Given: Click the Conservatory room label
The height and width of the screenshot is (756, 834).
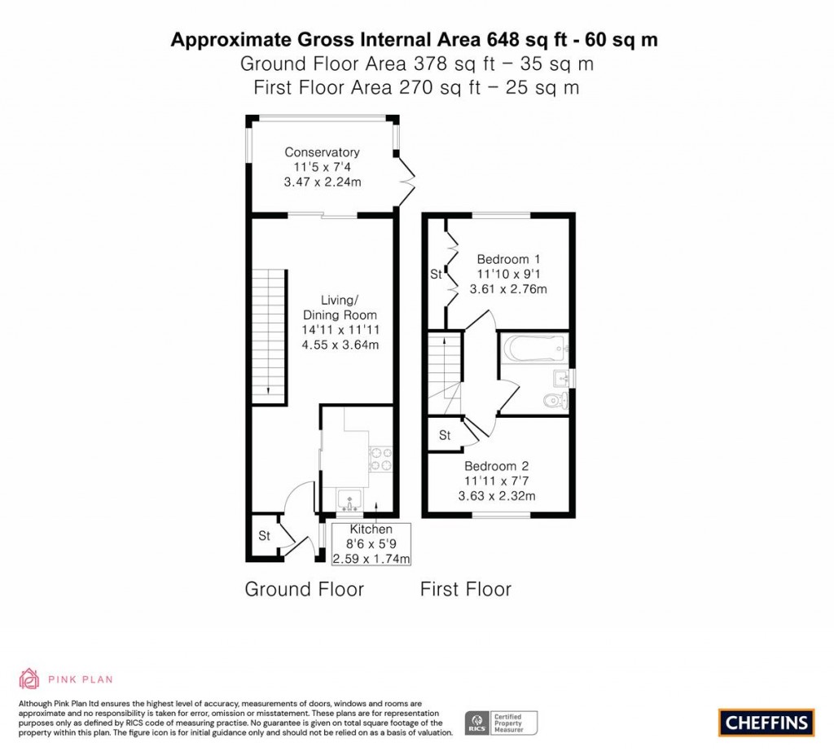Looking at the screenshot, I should (x=322, y=152).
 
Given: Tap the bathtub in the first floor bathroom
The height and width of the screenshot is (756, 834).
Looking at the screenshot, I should (x=534, y=349).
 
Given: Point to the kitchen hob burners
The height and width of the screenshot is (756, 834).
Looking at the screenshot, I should (x=382, y=459).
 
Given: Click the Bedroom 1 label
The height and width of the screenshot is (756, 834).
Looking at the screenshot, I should (x=508, y=258).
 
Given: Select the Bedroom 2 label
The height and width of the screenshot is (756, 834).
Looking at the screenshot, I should (x=497, y=466).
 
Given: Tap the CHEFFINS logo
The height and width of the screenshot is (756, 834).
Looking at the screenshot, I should (x=766, y=721).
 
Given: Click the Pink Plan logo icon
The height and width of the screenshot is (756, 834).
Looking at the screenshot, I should (x=29, y=679).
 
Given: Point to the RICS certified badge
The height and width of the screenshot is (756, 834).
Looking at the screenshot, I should (x=502, y=722).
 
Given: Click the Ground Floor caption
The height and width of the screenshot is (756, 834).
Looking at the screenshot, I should (x=304, y=589).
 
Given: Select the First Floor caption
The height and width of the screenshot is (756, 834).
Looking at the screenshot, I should (x=465, y=589).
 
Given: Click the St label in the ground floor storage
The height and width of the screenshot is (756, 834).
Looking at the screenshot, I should (x=264, y=536).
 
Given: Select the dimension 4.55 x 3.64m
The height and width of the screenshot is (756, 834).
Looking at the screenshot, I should (x=340, y=345).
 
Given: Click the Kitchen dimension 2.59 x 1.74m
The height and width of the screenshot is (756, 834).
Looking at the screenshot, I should (x=371, y=559).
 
